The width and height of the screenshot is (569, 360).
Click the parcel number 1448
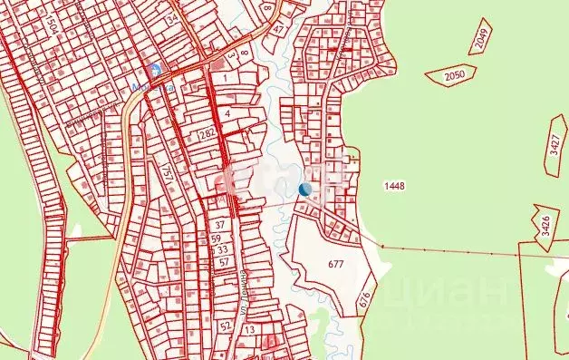394,186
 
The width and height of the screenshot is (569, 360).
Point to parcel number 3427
555,146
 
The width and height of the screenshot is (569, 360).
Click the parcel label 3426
545,224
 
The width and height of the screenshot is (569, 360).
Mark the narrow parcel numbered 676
364,297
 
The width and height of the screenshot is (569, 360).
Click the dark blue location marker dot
305,190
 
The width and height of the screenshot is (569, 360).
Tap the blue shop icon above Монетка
156,70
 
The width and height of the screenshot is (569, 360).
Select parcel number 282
207,135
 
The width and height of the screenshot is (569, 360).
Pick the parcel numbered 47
278,29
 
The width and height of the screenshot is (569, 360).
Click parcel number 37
219,224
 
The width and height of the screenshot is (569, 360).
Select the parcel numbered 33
223,249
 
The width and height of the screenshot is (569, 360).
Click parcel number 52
226,325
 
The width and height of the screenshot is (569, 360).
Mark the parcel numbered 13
250,330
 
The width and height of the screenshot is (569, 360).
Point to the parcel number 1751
167,174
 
